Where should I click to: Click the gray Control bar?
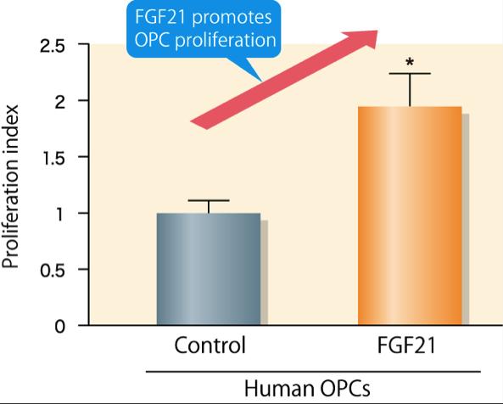208,268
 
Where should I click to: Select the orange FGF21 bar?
410,216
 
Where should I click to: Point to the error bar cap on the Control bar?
208,200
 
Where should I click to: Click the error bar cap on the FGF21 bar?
410,74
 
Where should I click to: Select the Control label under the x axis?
209,346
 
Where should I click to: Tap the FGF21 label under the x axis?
410,346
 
